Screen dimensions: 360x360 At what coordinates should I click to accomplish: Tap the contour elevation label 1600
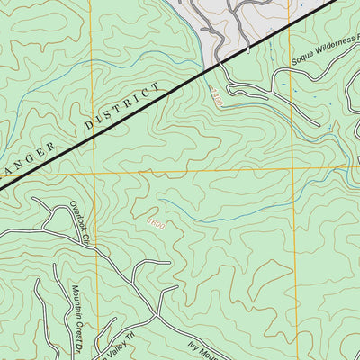(x=155, y=221)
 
